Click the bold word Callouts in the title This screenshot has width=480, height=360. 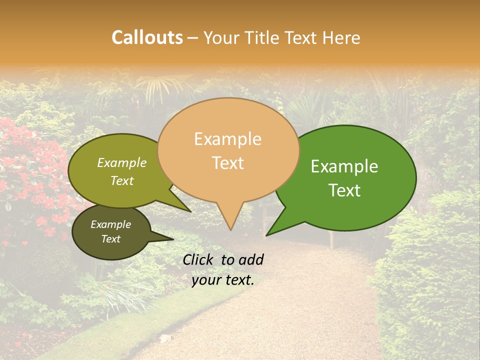tap(147, 37)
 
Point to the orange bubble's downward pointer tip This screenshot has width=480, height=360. tap(230, 230)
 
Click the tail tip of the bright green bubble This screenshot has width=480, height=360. tap(266, 235)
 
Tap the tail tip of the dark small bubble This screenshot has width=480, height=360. tap(174, 239)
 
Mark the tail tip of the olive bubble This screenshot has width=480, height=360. tap(191, 212)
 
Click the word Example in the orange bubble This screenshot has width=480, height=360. tap(227, 139)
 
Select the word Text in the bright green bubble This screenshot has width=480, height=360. tap(345, 190)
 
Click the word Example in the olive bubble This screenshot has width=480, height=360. tap(121, 162)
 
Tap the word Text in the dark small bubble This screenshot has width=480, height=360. tap(110, 239)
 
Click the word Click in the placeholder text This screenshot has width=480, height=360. tap(199, 259)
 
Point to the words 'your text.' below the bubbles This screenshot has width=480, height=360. tap(223, 280)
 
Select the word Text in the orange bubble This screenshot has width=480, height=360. tap(228, 163)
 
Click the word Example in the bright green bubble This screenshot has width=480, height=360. tap(344, 166)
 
